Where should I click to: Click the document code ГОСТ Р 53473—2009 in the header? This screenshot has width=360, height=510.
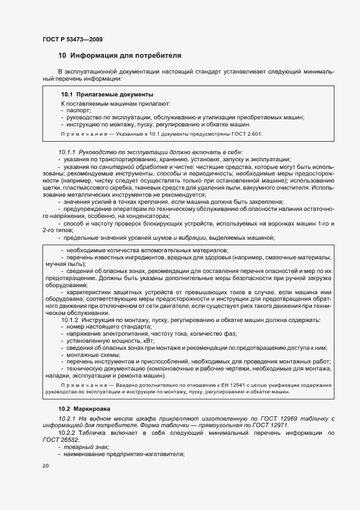[72, 40]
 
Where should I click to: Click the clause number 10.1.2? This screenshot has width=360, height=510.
[70, 320]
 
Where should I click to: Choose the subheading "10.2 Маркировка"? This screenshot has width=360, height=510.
[84, 409]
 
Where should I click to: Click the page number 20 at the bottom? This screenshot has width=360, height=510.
[45, 466]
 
